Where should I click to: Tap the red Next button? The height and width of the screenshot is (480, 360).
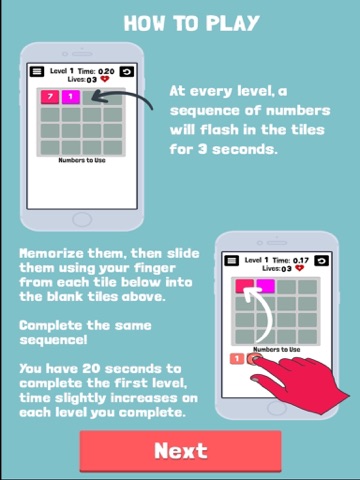pyautogui.click(x=180, y=451)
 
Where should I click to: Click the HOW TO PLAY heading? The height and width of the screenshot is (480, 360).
pyautogui.click(x=192, y=23)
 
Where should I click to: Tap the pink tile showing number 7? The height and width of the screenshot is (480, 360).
pyautogui.click(x=50, y=97)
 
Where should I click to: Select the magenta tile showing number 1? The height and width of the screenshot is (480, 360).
pyautogui.click(x=71, y=97)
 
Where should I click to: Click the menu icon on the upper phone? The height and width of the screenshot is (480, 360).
pyautogui.click(x=37, y=71)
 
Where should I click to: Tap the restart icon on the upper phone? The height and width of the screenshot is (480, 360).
pyautogui.click(x=127, y=71)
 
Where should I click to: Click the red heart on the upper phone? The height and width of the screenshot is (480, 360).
pyautogui.click(x=105, y=79)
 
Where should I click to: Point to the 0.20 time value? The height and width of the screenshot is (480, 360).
pyautogui.click(x=106, y=71)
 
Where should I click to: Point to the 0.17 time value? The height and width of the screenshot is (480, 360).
pyautogui.click(x=301, y=260)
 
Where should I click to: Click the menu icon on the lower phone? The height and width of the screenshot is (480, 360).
pyautogui.click(x=231, y=260)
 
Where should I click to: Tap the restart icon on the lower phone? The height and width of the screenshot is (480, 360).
pyautogui.click(x=322, y=260)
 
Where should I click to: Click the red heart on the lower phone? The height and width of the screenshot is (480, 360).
pyautogui.click(x=300, y=268)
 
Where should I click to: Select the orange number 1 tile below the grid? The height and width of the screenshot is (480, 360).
pyautogui.click(x=237, y=359)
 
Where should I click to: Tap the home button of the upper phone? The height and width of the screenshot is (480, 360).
pyautogui.click(x=82, y=220)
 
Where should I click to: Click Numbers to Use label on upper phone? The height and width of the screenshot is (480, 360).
pyautogui.click(x=82, y=160)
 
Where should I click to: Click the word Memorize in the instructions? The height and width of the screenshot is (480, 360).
pyautogui.click(x=51, y=253)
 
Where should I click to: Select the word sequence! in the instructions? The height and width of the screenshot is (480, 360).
pyautogui.click(x=53, y=340)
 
